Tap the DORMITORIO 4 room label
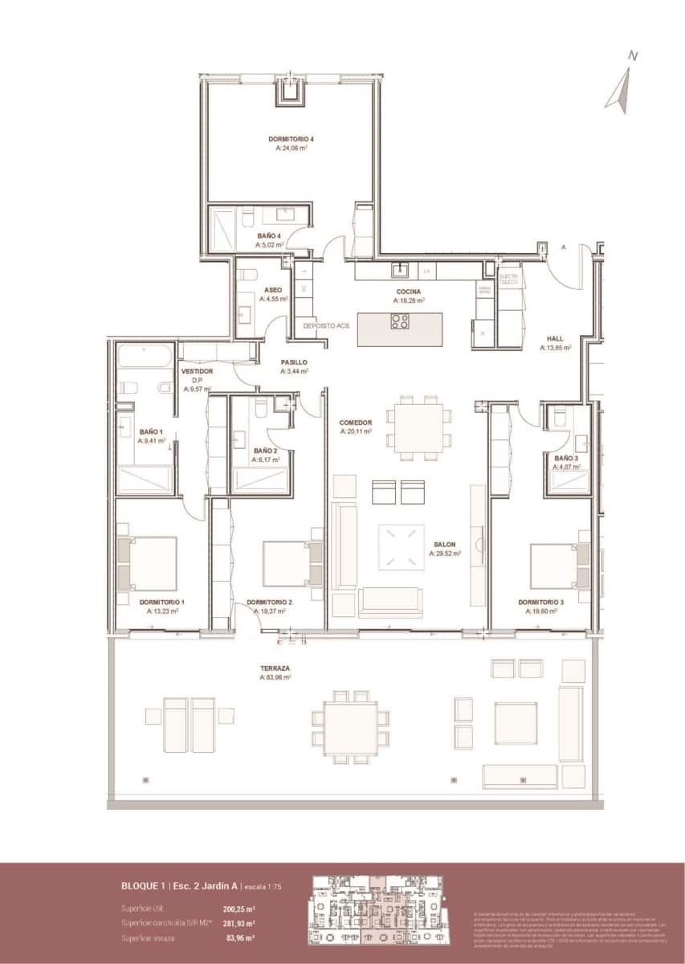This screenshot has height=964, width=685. point(291,139)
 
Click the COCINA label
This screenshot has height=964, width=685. point(408,292)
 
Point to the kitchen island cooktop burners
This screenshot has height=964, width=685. point(399,322)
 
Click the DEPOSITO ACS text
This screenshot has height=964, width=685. point(326,326)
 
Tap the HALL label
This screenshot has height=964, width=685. point(555,339)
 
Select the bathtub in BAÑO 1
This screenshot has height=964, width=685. point(144,357)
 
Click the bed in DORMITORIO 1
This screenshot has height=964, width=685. point(149,563)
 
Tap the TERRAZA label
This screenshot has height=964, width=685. point(275,668)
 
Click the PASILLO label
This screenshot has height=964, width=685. point(294,362)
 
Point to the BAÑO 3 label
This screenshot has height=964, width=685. point(565,457)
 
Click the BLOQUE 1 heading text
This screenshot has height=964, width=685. point(141,886)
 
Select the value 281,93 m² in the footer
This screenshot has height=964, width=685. point(239,923)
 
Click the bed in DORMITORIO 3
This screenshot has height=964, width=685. point(557,566)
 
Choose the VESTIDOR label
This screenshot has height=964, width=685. point(197,372)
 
